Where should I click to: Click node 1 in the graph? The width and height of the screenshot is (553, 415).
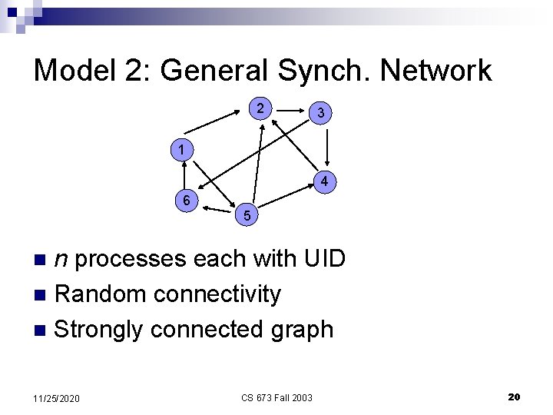[x=180, y=148]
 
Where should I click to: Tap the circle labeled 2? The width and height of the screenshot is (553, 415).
[x=262, y=108]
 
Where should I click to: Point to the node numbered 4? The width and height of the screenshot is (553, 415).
[x=325, y=182]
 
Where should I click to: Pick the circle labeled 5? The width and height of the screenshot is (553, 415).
[x=247, y=217]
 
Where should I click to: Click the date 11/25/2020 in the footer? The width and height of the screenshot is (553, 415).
[x=58, y=397]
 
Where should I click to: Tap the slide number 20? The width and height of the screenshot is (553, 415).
[x=514, y=397]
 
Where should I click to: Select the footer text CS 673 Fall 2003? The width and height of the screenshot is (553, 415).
[x=276, y=397]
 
